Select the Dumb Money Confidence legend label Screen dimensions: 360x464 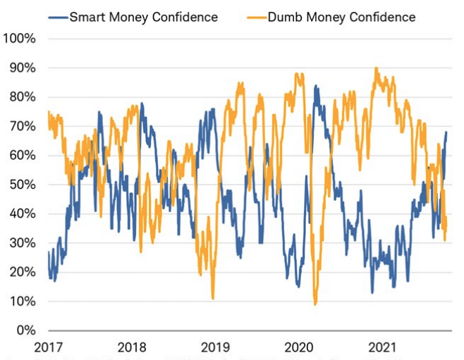(x=342, y=16)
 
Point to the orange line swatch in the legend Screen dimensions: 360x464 (x=256, y=16)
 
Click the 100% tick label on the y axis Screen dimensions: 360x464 (x=19, y=39)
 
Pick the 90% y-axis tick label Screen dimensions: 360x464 (x=22, y=68)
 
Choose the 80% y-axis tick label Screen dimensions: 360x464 (x=22, y=97)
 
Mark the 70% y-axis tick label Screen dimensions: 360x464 (x=22, y=127)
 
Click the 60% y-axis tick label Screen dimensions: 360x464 (x=22, y=156)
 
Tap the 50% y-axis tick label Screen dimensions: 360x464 (x=22, y=185)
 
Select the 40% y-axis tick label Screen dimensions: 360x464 (x=22, y=214)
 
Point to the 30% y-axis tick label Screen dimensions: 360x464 (x=22, y=243)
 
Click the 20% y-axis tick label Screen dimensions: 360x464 (x=22, y=272)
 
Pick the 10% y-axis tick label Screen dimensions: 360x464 (x=22, y=302)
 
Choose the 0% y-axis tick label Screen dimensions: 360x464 (x=25, y=330)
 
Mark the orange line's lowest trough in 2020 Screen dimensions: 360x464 (x=315, y=304)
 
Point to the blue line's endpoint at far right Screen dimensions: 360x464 (x=446, y=132)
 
